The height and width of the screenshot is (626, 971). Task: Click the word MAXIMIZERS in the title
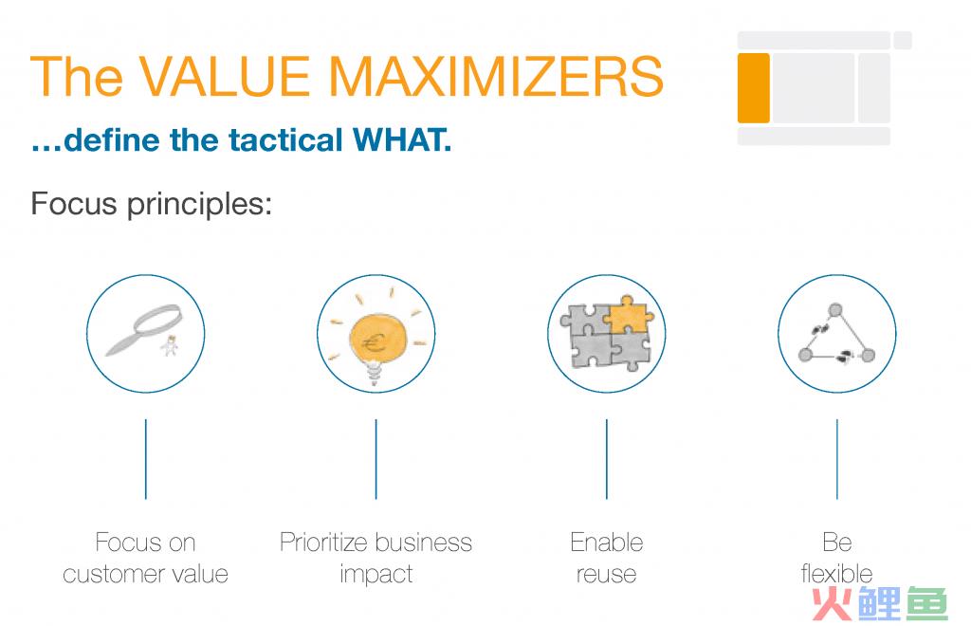point(495,76)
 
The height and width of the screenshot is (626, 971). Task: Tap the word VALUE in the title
point(224,76)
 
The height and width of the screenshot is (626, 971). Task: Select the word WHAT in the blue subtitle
point(401,140)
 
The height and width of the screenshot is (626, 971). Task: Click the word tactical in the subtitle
point(285,140)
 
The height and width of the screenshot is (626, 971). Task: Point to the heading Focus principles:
point(151,204)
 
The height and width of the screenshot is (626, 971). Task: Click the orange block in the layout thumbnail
point(753,88)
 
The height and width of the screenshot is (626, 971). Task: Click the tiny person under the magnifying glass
point(169,345)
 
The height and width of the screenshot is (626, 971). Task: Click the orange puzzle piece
point(628,314)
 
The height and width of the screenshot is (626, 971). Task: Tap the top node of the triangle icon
point(835,309)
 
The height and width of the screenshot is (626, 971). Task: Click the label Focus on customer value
point(145,558)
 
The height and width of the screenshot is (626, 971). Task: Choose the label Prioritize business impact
point(376,558)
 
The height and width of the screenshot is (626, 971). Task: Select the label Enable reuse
point(606,558)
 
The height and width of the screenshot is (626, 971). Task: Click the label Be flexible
point(836,558)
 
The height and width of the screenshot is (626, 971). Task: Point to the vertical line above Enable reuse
point(606,459)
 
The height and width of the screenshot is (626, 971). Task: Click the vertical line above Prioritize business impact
point(376,459)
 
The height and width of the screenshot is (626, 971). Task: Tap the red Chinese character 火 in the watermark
point(834,602)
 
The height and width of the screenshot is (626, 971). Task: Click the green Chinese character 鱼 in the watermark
point(926,602)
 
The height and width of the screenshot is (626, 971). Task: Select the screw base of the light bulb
point(374,374)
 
